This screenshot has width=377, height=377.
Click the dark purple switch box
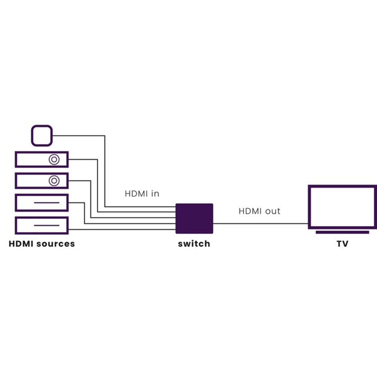coord(195,218)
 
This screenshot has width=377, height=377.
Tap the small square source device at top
coord(41,136)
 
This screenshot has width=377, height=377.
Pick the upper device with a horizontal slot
coord(41,202)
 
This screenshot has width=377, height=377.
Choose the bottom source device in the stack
coord(41,225)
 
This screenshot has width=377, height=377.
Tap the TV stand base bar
coord(342,232)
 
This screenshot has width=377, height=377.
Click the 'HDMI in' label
coord(142,194)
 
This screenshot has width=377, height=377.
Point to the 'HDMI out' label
coord(259,211)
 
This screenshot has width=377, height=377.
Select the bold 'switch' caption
coord(194,244)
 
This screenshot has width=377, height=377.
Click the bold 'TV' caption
coord(342,244)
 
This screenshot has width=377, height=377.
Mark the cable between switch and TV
coord(260,223)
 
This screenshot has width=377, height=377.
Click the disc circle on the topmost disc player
coord(55,159)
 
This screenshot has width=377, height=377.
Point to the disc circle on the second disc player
coord(55,181)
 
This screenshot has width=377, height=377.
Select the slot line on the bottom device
coord(47,225)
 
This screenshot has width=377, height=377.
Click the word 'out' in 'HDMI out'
coord(273,211)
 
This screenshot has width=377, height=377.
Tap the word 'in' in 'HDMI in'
coord(155,194)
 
